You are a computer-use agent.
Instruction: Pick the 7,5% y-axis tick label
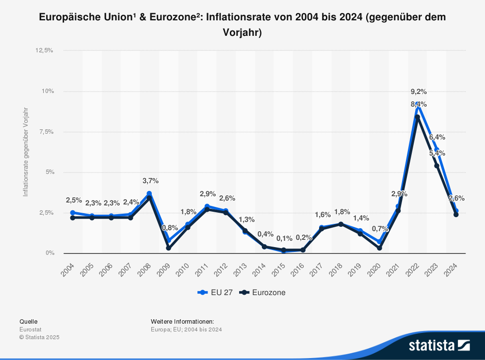coord(45,132)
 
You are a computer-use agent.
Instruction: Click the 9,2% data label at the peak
coord(419,91)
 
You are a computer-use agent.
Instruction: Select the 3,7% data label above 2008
coord(150,181)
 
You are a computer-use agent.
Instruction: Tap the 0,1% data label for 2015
coord(284,239)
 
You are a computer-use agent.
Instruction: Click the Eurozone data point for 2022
coord(418,117)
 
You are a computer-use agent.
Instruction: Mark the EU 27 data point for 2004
coord(73,213)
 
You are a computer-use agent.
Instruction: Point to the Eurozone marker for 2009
coord(168,248)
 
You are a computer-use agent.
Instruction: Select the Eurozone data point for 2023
coord(436,166)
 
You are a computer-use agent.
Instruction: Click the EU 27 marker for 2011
coord(207,206)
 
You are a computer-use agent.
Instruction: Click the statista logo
coord(439,345)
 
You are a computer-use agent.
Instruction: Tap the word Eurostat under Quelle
coord(30,329)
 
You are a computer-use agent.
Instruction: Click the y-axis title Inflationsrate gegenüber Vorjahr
coord(26,152)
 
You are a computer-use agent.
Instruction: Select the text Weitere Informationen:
coord(182,321)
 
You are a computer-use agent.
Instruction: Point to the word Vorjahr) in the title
coord(242,33)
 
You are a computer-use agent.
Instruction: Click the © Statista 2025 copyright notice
coord(39,337)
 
